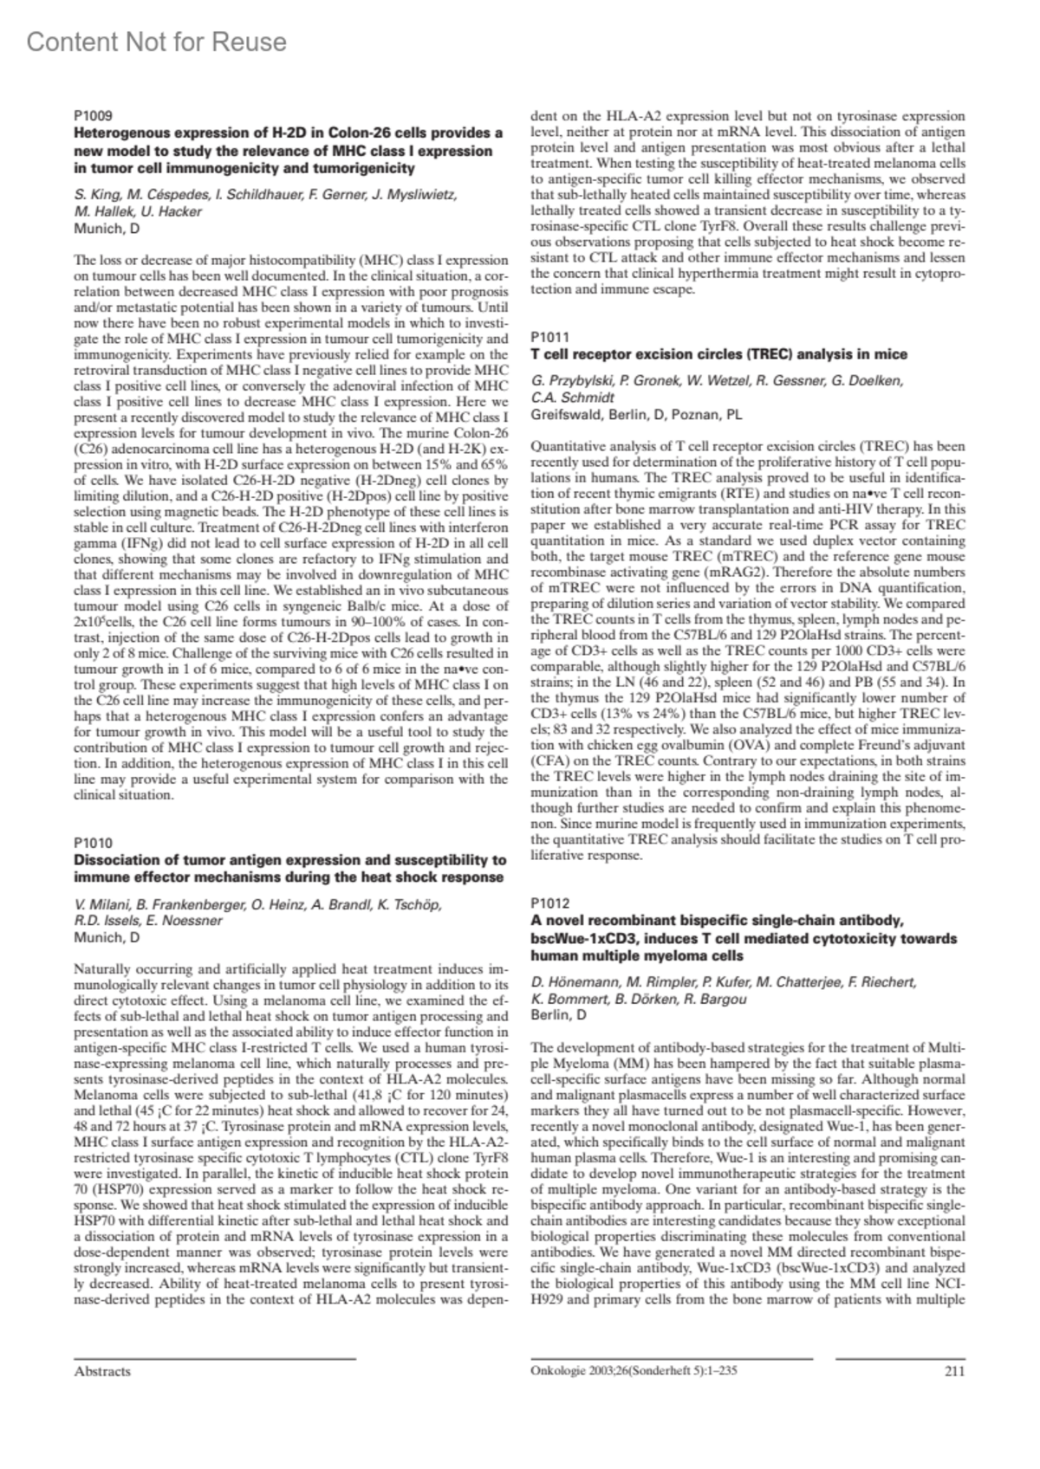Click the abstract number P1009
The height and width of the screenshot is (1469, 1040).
coord(93,114)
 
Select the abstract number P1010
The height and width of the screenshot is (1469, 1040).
coord(93,843)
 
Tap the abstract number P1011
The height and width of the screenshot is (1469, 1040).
coord(550,336)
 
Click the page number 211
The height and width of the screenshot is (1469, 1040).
coord(953,1371)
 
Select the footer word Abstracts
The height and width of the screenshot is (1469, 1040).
coord(103,1371)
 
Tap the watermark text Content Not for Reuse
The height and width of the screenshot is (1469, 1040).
coord(157,42)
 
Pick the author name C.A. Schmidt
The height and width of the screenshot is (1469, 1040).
coord(573,398)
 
